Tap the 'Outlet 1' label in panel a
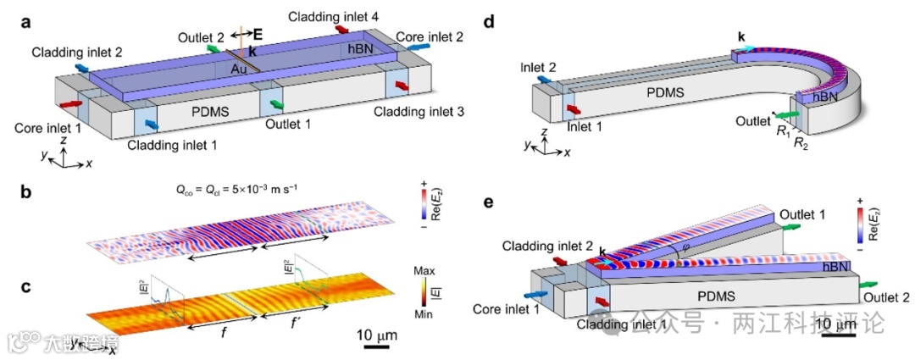coord(288,124)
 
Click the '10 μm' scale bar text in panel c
coord(376,330)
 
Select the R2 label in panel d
coord(800,144)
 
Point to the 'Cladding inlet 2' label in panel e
coord(541,246)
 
